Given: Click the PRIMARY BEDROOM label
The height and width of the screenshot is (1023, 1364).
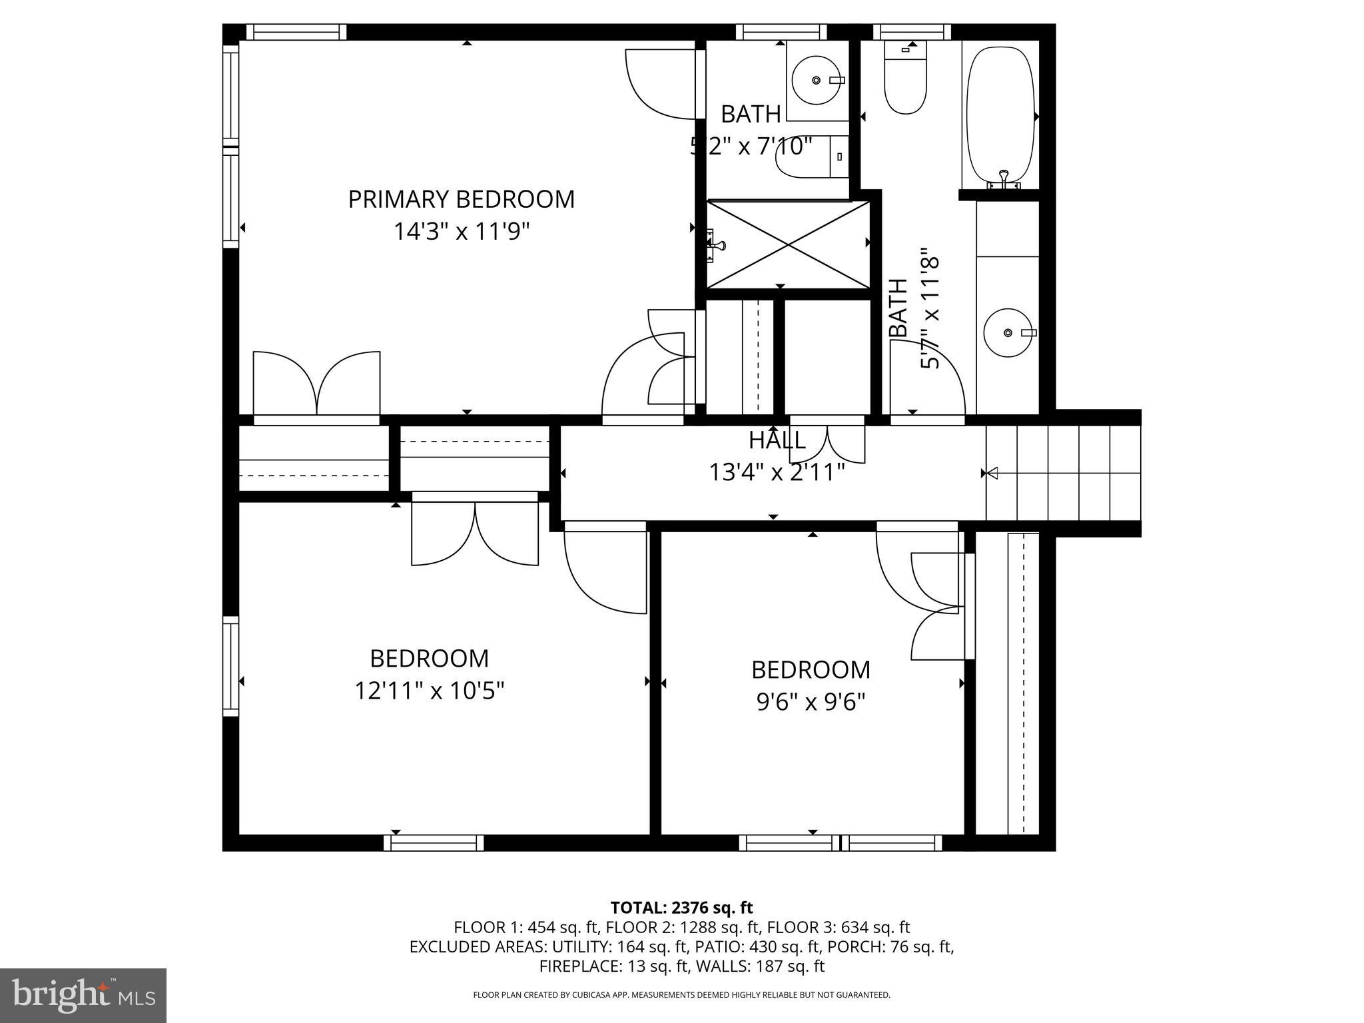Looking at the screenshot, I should tap(461, 199).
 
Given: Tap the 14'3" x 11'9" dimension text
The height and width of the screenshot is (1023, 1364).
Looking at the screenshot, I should tap(461, 232).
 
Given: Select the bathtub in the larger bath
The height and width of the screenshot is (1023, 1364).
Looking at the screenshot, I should tap(1000, 115).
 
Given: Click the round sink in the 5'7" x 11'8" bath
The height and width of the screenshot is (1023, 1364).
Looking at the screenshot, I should tap(1008, 332).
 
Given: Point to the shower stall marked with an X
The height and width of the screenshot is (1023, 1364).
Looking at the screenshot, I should tap(789, 244).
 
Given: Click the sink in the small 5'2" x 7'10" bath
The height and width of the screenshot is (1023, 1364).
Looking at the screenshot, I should tap(816, 80).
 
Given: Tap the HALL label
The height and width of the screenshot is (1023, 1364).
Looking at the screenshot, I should tap(777, 440).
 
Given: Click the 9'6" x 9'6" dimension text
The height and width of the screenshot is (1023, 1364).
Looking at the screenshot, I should tap(811, 702).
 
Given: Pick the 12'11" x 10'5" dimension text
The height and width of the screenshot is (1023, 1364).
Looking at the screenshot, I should tap(429, 691).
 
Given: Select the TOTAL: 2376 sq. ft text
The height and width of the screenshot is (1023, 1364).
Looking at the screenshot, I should tap(681, 908).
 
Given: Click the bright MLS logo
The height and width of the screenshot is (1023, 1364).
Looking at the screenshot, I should tap(83, 995).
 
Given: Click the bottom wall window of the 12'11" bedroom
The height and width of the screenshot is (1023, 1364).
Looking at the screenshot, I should tap(434, 843).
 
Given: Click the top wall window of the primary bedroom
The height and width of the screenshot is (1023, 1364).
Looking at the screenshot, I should tap(296, 32).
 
